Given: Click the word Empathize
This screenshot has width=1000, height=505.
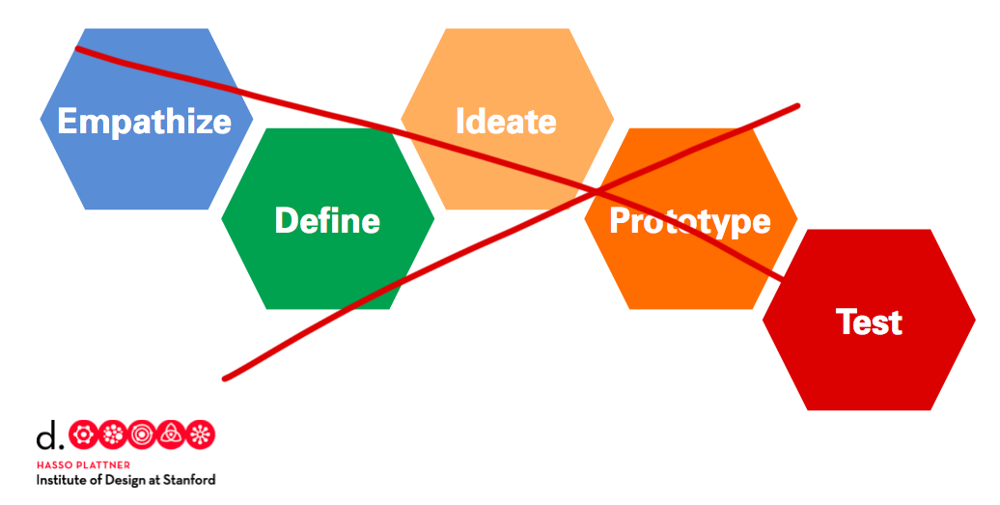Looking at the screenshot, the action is (144, 121).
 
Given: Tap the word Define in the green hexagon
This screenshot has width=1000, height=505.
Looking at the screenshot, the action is (327, 220).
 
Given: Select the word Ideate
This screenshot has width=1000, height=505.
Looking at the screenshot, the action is (506, 121).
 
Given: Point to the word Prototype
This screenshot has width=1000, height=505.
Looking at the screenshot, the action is (689, 220).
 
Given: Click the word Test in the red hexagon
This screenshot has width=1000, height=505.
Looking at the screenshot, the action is (869, 321).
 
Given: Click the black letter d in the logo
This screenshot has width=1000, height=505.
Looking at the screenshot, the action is (46, 437).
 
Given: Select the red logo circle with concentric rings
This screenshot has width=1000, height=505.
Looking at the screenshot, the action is (142, 435).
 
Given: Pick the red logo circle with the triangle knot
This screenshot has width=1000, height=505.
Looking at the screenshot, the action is (172, 435).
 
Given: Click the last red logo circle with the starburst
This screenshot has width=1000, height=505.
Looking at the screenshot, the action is (201, 435).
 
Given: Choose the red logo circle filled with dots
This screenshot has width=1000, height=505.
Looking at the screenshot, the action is (112, 435).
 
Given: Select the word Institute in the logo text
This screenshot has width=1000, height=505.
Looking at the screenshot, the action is (63, 479).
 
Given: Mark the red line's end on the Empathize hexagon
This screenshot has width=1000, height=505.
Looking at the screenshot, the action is (77, 47).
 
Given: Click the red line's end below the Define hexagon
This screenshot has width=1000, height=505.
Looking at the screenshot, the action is (224, 378).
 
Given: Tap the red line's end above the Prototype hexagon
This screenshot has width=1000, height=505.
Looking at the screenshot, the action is (798, 105).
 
